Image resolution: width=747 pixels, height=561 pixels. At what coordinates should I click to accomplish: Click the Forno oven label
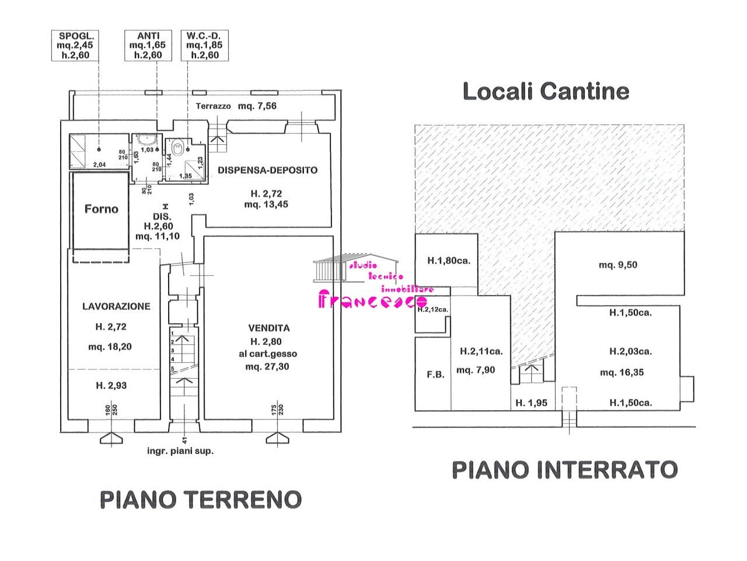click(x=101, y=209)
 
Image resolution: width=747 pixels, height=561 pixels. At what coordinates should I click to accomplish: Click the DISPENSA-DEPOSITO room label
click(x=268, y=171)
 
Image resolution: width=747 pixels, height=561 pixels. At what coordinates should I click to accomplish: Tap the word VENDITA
click(x=268, y=329)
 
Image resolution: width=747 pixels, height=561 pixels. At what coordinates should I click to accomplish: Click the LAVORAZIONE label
click(x=116, y=306)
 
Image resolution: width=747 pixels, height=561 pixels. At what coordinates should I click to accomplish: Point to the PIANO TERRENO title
click(x=201, y=500)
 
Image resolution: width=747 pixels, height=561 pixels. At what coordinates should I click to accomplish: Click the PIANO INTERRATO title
click(x=565, y=470)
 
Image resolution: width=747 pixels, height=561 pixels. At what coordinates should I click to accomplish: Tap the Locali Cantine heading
click(x=546, y=92)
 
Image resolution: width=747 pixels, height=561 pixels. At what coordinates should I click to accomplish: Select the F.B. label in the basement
click(x=435, y=375)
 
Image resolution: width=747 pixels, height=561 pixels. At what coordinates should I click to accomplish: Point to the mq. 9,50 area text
click(x=618, y=265)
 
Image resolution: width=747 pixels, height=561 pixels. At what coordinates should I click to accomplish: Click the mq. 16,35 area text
click(x=622, y=372)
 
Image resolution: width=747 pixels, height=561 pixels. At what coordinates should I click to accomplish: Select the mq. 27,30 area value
click(x=267, y=367)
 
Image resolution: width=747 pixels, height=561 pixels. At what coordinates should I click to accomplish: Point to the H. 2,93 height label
click(x=111, y=386)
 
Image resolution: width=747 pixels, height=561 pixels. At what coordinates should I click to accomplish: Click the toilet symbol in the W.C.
click(x=179, y=146)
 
